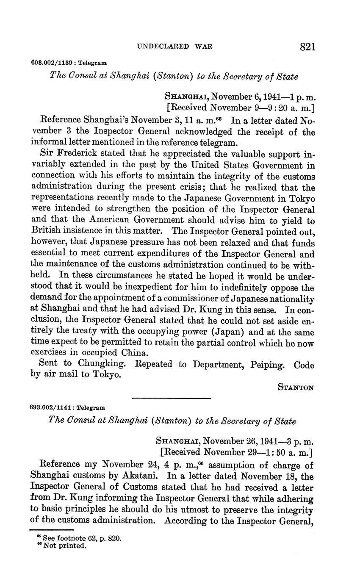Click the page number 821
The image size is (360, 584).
click(307, 47)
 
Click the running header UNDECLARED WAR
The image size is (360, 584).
click(174, 46)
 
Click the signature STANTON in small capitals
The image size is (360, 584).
click(296, 387)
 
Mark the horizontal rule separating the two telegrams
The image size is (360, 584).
click(172, 398)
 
